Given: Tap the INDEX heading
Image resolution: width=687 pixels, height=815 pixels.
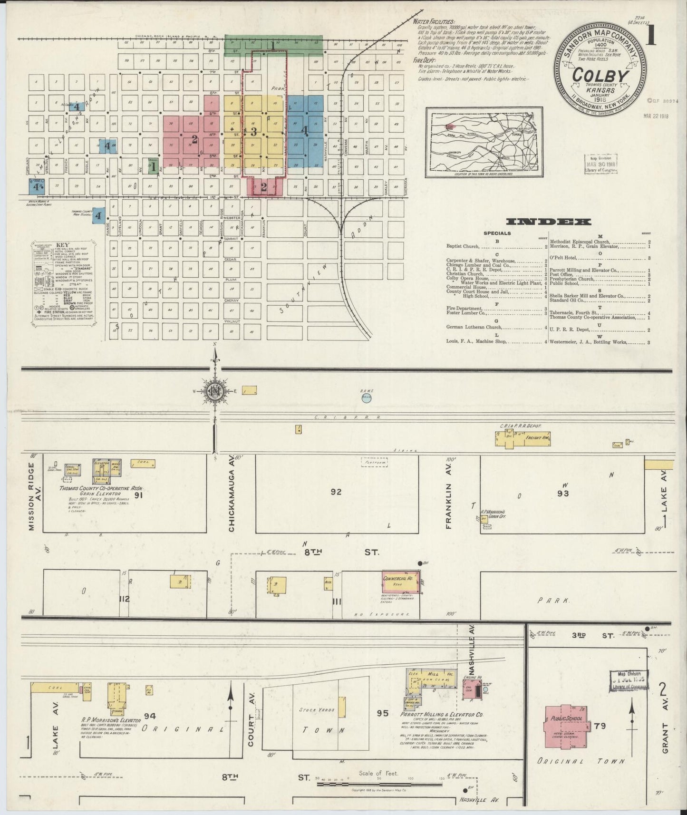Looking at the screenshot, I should coord(549,222).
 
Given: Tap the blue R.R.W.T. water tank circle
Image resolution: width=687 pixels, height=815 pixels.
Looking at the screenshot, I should coord(366,398).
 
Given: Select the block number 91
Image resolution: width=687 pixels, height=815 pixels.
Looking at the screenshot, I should coord(139,495).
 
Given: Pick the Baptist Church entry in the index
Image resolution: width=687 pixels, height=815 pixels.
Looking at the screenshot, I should coord(464,247).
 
